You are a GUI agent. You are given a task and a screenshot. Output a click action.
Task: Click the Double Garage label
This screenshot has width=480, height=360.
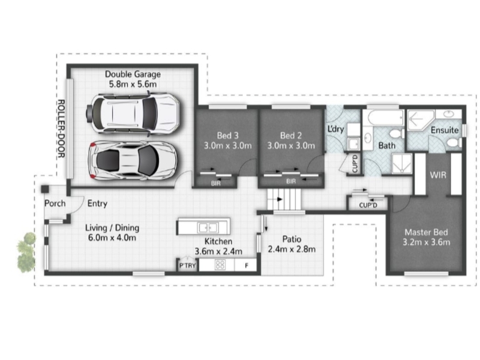[x=133, y=74]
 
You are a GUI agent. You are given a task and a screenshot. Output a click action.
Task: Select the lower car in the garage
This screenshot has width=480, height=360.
[x=132, y=160]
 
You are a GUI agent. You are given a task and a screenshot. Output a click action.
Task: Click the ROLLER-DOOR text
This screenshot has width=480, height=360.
[x=61, y=128]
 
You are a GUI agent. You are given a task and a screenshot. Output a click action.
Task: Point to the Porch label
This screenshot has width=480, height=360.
[x=55, y=203]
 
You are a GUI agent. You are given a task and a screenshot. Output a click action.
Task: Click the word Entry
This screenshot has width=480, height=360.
[x=97, y=203]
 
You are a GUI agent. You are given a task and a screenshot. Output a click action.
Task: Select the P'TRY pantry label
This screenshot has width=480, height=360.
[x=187, y=265]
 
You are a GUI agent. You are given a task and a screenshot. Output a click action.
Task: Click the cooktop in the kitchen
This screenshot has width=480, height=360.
[x=220, y=265]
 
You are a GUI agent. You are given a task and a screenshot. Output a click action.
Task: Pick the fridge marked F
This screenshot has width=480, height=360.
[x=246, y=265]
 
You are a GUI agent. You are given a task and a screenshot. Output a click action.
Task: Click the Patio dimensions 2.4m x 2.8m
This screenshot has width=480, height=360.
[x=292, y=249]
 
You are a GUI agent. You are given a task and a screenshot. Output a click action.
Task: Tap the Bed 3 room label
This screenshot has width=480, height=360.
[x=227, y=136]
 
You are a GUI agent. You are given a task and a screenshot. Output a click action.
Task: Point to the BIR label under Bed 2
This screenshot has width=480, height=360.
[x=291, y=181]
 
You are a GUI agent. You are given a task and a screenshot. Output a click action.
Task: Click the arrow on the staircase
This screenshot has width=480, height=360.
[x=280, y=199]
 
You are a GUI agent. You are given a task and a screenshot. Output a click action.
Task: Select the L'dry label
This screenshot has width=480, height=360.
[x=336, y=129]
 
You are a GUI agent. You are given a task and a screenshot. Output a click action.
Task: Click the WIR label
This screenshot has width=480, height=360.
[x=438, y=175]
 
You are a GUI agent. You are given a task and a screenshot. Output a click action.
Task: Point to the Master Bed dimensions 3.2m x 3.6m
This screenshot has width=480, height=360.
[x=426, y=242]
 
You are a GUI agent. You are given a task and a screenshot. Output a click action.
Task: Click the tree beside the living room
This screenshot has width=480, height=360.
[x=26, y=252]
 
